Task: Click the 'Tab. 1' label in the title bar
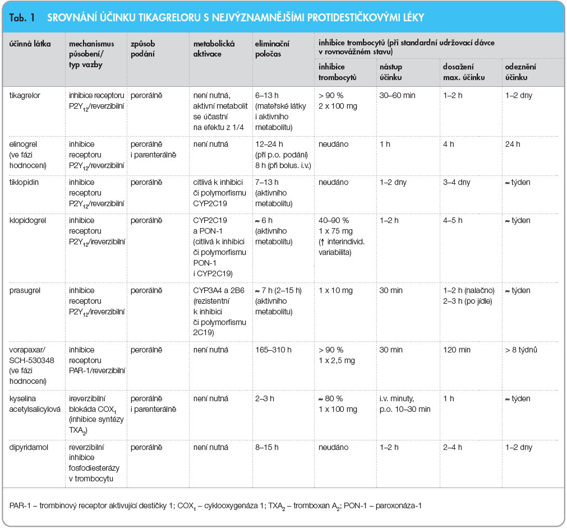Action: (22, 17)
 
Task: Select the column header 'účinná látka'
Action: (30, 44)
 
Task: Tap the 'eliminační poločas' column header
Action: (272, 49)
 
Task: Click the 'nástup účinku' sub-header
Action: (391, 72)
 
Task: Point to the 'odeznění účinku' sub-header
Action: (520, 72)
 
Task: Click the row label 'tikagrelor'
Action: (25, 95)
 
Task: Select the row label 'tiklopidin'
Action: (24, 182)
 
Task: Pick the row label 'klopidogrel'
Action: (28, 220)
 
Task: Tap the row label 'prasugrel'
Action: (25, 290)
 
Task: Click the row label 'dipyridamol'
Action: (29, 447)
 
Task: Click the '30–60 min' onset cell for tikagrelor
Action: (398, 95)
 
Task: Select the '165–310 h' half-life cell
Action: (273, 350)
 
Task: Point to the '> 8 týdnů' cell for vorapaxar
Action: (521, 350)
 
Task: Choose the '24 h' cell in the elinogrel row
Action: (513, 144)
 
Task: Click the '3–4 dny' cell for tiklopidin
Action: (457, 182)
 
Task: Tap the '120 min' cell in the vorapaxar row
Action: (457, 350)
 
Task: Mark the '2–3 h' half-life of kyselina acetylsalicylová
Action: (265, 398)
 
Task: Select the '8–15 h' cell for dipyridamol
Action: (267, 447)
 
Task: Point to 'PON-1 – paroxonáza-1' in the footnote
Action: (382, 505)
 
